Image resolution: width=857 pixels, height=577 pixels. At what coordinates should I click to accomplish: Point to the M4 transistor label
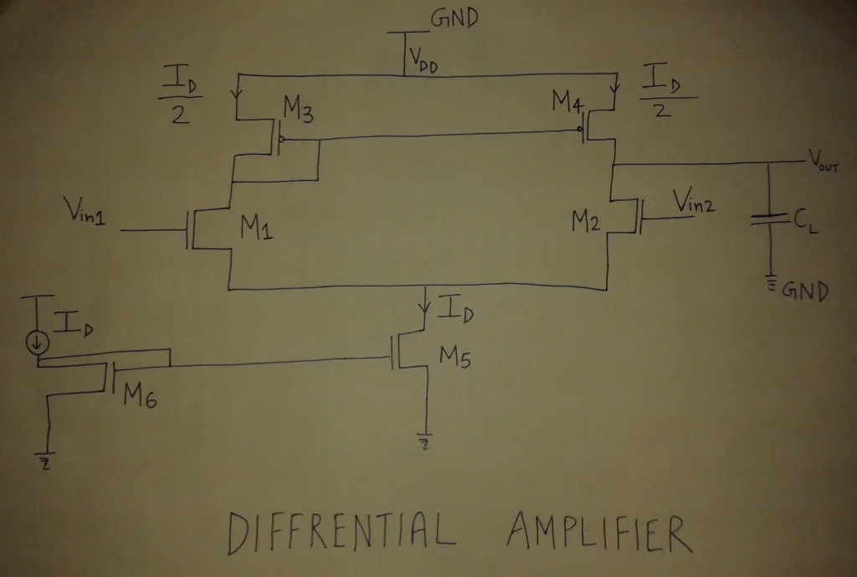[x=569, y=103]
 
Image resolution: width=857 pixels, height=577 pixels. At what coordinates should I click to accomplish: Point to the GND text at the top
[x=454, y=19]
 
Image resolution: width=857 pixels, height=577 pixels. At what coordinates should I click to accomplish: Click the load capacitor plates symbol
[x=768, y=219]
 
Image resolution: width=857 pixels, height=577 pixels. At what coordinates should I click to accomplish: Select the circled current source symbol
[x=38, y=342]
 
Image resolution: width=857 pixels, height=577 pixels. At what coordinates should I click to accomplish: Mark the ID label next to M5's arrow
[x=457, y=314]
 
